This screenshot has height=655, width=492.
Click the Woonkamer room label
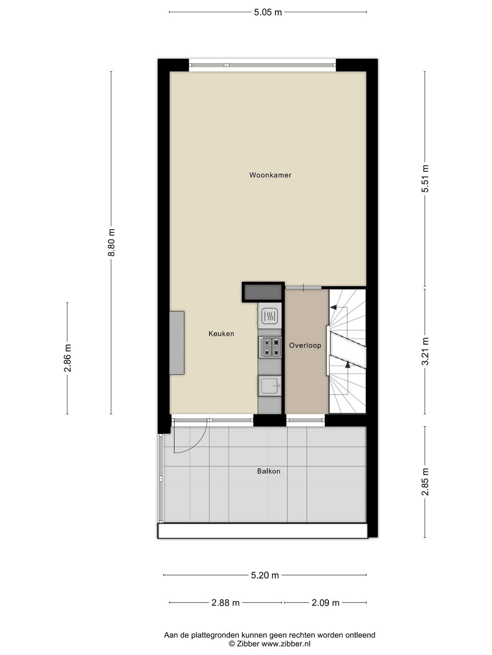[270, 175]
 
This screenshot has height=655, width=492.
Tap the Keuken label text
[221, 334]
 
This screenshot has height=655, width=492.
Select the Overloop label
[305, 346]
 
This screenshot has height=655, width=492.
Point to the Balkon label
[269, 471]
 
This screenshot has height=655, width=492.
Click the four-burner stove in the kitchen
[270, 347]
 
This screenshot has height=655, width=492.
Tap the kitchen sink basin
[270, 386]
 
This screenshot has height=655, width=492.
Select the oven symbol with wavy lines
[270, 316]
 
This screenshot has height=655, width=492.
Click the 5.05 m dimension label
[268, 13]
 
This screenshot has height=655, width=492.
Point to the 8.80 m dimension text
[112, 242]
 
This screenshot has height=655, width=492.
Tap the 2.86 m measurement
[68, 358]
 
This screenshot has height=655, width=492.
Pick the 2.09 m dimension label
[325, 603]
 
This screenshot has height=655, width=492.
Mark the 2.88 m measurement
[225, 603]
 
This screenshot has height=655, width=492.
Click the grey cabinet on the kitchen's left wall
[177, 343]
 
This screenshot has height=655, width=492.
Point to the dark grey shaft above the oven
[263, 292]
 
